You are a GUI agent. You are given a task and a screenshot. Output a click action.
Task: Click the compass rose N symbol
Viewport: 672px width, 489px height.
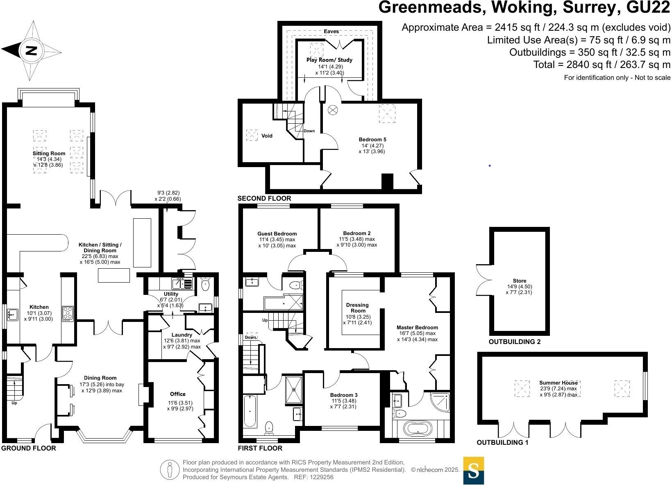(x=32, y=51)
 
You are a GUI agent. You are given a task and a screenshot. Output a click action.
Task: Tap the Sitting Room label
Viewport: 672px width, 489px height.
(x=49, y=154)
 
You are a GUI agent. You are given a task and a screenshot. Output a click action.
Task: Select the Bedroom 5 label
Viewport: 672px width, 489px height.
(x=372, y=140)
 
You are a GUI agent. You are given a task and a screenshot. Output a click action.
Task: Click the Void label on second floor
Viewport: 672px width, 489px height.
(x=267, y=136)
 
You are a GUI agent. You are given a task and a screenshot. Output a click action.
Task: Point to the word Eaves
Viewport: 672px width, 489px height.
(x=331, y=32)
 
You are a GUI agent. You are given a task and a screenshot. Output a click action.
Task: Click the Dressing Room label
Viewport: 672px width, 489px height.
(x=357, y=308)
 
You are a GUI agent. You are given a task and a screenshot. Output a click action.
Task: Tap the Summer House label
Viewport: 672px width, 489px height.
(x=558, y=383)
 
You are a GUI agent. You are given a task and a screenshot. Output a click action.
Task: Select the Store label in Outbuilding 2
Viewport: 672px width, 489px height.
(x=520, y=281)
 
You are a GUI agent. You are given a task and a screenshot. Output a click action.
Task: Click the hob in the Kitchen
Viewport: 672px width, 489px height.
(x=68, y=313)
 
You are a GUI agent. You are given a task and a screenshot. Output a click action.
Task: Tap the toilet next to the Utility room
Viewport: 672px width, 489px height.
(x=205, y=283)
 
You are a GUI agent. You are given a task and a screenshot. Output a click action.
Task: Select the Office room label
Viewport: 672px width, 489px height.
(x=178, y=394)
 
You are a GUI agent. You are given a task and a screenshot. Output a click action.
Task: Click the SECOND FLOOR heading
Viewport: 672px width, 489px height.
(x=264, y=199)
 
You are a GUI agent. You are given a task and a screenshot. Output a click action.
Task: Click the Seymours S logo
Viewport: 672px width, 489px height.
(x=473, y=471)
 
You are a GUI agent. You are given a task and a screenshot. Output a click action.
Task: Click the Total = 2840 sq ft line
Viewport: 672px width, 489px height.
(x=602, y=65)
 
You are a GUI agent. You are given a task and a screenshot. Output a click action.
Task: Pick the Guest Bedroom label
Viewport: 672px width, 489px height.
(x=277, y=234)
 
